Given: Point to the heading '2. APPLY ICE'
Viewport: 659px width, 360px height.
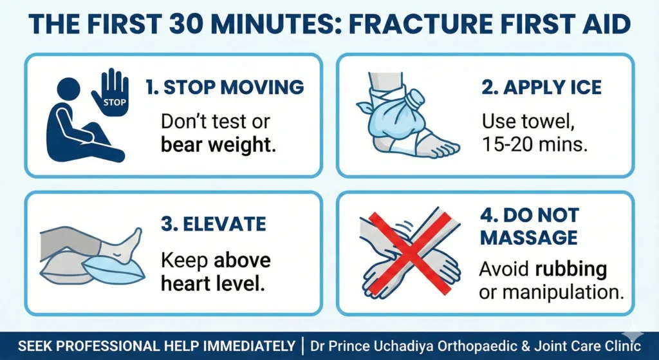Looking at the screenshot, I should (x=541, y=88).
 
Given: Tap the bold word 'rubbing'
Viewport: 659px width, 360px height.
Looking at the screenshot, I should (x=573, y=270).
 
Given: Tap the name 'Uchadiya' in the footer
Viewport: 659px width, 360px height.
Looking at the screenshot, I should (x=411, y=346).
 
